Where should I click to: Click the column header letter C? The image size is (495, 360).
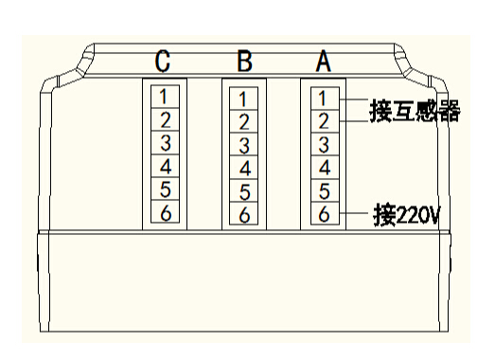tap(164, 63)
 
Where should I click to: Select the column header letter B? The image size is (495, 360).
tap(243, 63)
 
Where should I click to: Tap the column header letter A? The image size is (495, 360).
tap(323, 63)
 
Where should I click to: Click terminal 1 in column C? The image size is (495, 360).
tap(164, 96)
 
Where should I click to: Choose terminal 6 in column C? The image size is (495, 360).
tap(164, 214)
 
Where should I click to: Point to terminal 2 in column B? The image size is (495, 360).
tap(243, 121)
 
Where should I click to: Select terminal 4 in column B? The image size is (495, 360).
tap(243, 169)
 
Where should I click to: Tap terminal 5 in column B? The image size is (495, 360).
tap(243, 192)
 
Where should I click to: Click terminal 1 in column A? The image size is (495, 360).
tap(323, 96)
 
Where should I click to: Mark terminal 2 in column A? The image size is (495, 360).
tap(323, 120)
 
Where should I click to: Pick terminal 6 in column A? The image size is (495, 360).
tap(323, 214)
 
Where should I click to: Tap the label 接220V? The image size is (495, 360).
tap(409, 214)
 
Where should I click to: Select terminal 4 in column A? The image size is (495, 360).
tap(323, 168)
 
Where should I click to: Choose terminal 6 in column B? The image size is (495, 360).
tap(243, 216)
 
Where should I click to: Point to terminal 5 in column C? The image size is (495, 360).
tap(164, 190)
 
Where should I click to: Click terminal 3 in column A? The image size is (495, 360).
tap(323, 144)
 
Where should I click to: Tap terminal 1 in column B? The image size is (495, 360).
tap(243, 98)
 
